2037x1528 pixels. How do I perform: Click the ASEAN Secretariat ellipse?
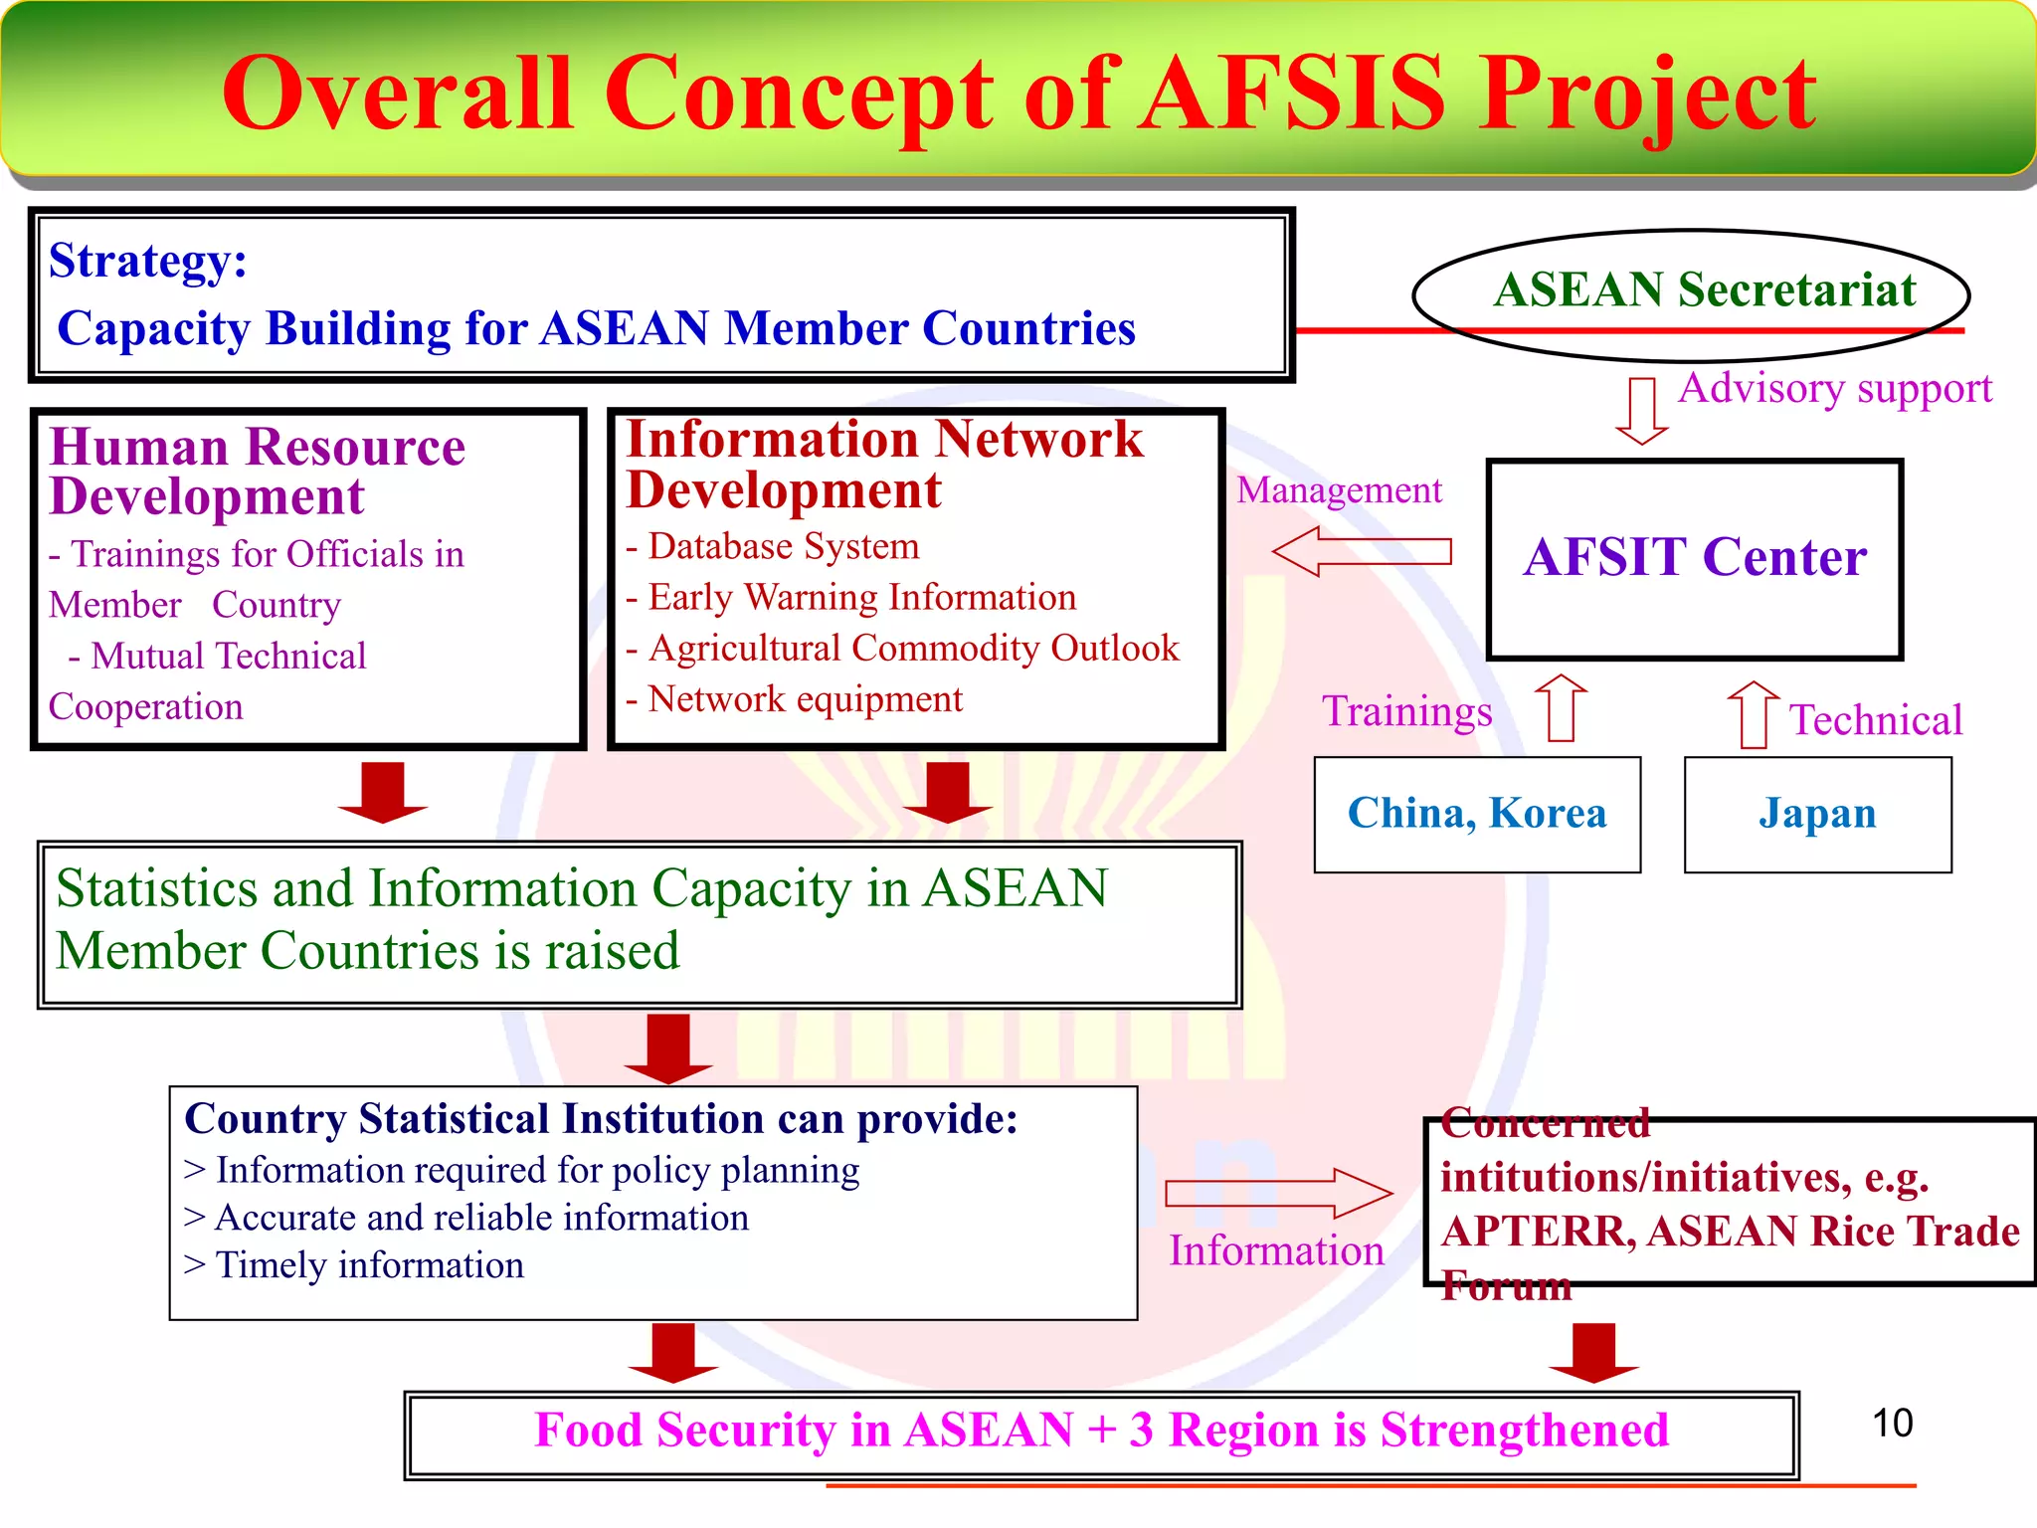click(1691, 293)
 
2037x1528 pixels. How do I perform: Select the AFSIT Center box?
click(1694, 559)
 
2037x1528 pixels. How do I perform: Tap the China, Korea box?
click(1477, 815)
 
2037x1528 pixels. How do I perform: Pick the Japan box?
click(1817, 815)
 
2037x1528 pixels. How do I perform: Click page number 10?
click(1892, 1424)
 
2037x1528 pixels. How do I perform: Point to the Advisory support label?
click(1835, 388)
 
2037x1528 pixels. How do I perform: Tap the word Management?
click(1339, 490)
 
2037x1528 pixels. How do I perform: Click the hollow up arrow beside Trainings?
click(1561, 707)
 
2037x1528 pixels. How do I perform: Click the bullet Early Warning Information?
click(861, 597)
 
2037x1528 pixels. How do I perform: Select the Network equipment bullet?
click(804, 699)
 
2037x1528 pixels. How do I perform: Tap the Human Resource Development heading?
click(257, 471)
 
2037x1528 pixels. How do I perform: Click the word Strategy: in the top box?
click(147, 261)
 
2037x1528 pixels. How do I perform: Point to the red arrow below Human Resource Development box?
click(382, 792)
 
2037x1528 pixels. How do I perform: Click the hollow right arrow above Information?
click(1278, 1193)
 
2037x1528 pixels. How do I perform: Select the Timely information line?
click(368, 1265)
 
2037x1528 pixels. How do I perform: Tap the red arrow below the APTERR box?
click(1593, 1353)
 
